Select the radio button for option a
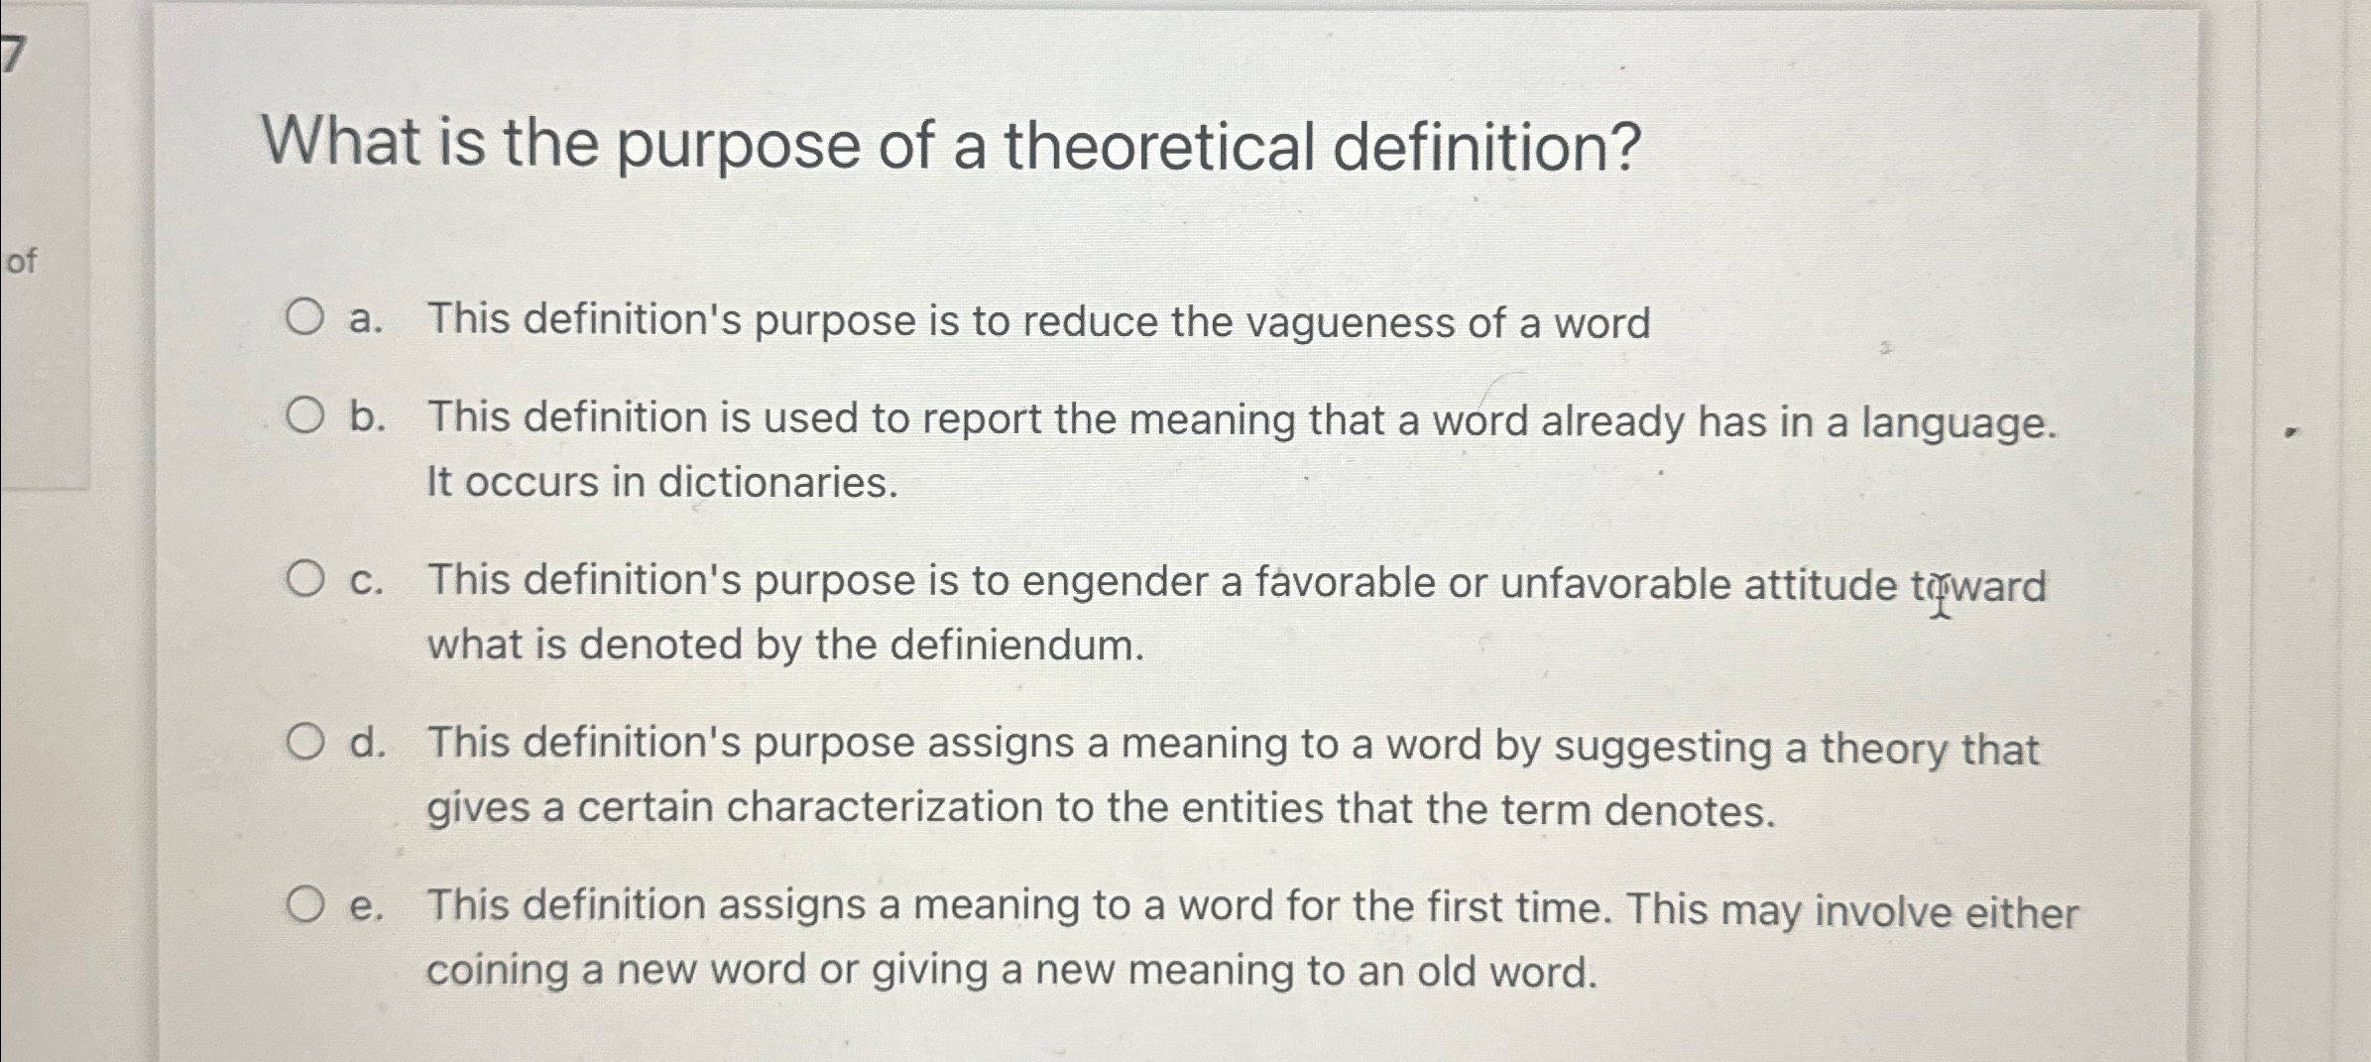tap(304, 318)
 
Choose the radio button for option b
tap(304, 416)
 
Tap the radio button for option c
tap(304, 579)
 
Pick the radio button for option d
tap(304, 742)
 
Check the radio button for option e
tap(304, 904)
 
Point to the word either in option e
tap(2022, 912)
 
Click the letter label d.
tap(366, 743)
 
